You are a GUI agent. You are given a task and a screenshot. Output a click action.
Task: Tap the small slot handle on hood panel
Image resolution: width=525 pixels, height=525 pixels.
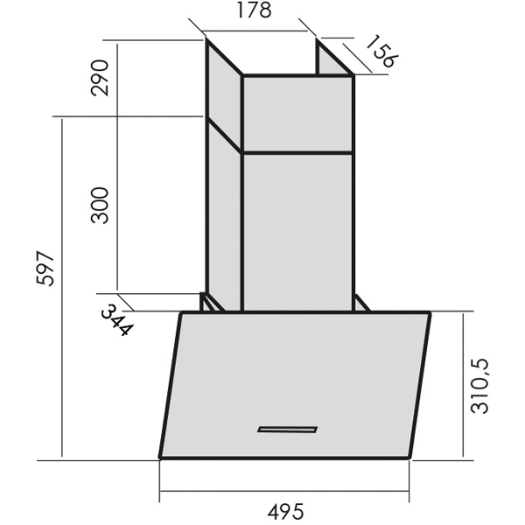pos(287,429)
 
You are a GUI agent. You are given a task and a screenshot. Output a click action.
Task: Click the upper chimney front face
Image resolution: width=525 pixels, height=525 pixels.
pos(297,115)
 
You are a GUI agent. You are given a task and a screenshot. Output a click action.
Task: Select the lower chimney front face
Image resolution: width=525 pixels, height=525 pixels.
pos(297,232)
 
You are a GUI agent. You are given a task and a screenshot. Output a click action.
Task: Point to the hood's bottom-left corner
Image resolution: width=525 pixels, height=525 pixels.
pos(161,457)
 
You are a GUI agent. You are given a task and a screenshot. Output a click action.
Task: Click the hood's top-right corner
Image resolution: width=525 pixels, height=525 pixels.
pos(429,312)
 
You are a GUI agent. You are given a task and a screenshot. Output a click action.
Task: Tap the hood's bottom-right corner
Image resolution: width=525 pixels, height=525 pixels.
pos(410,457)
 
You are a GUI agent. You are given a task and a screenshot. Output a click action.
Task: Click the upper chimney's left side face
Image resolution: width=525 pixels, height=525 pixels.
pos(223,96)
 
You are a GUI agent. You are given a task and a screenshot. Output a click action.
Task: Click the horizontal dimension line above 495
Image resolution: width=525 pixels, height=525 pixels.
pos(286,492)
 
